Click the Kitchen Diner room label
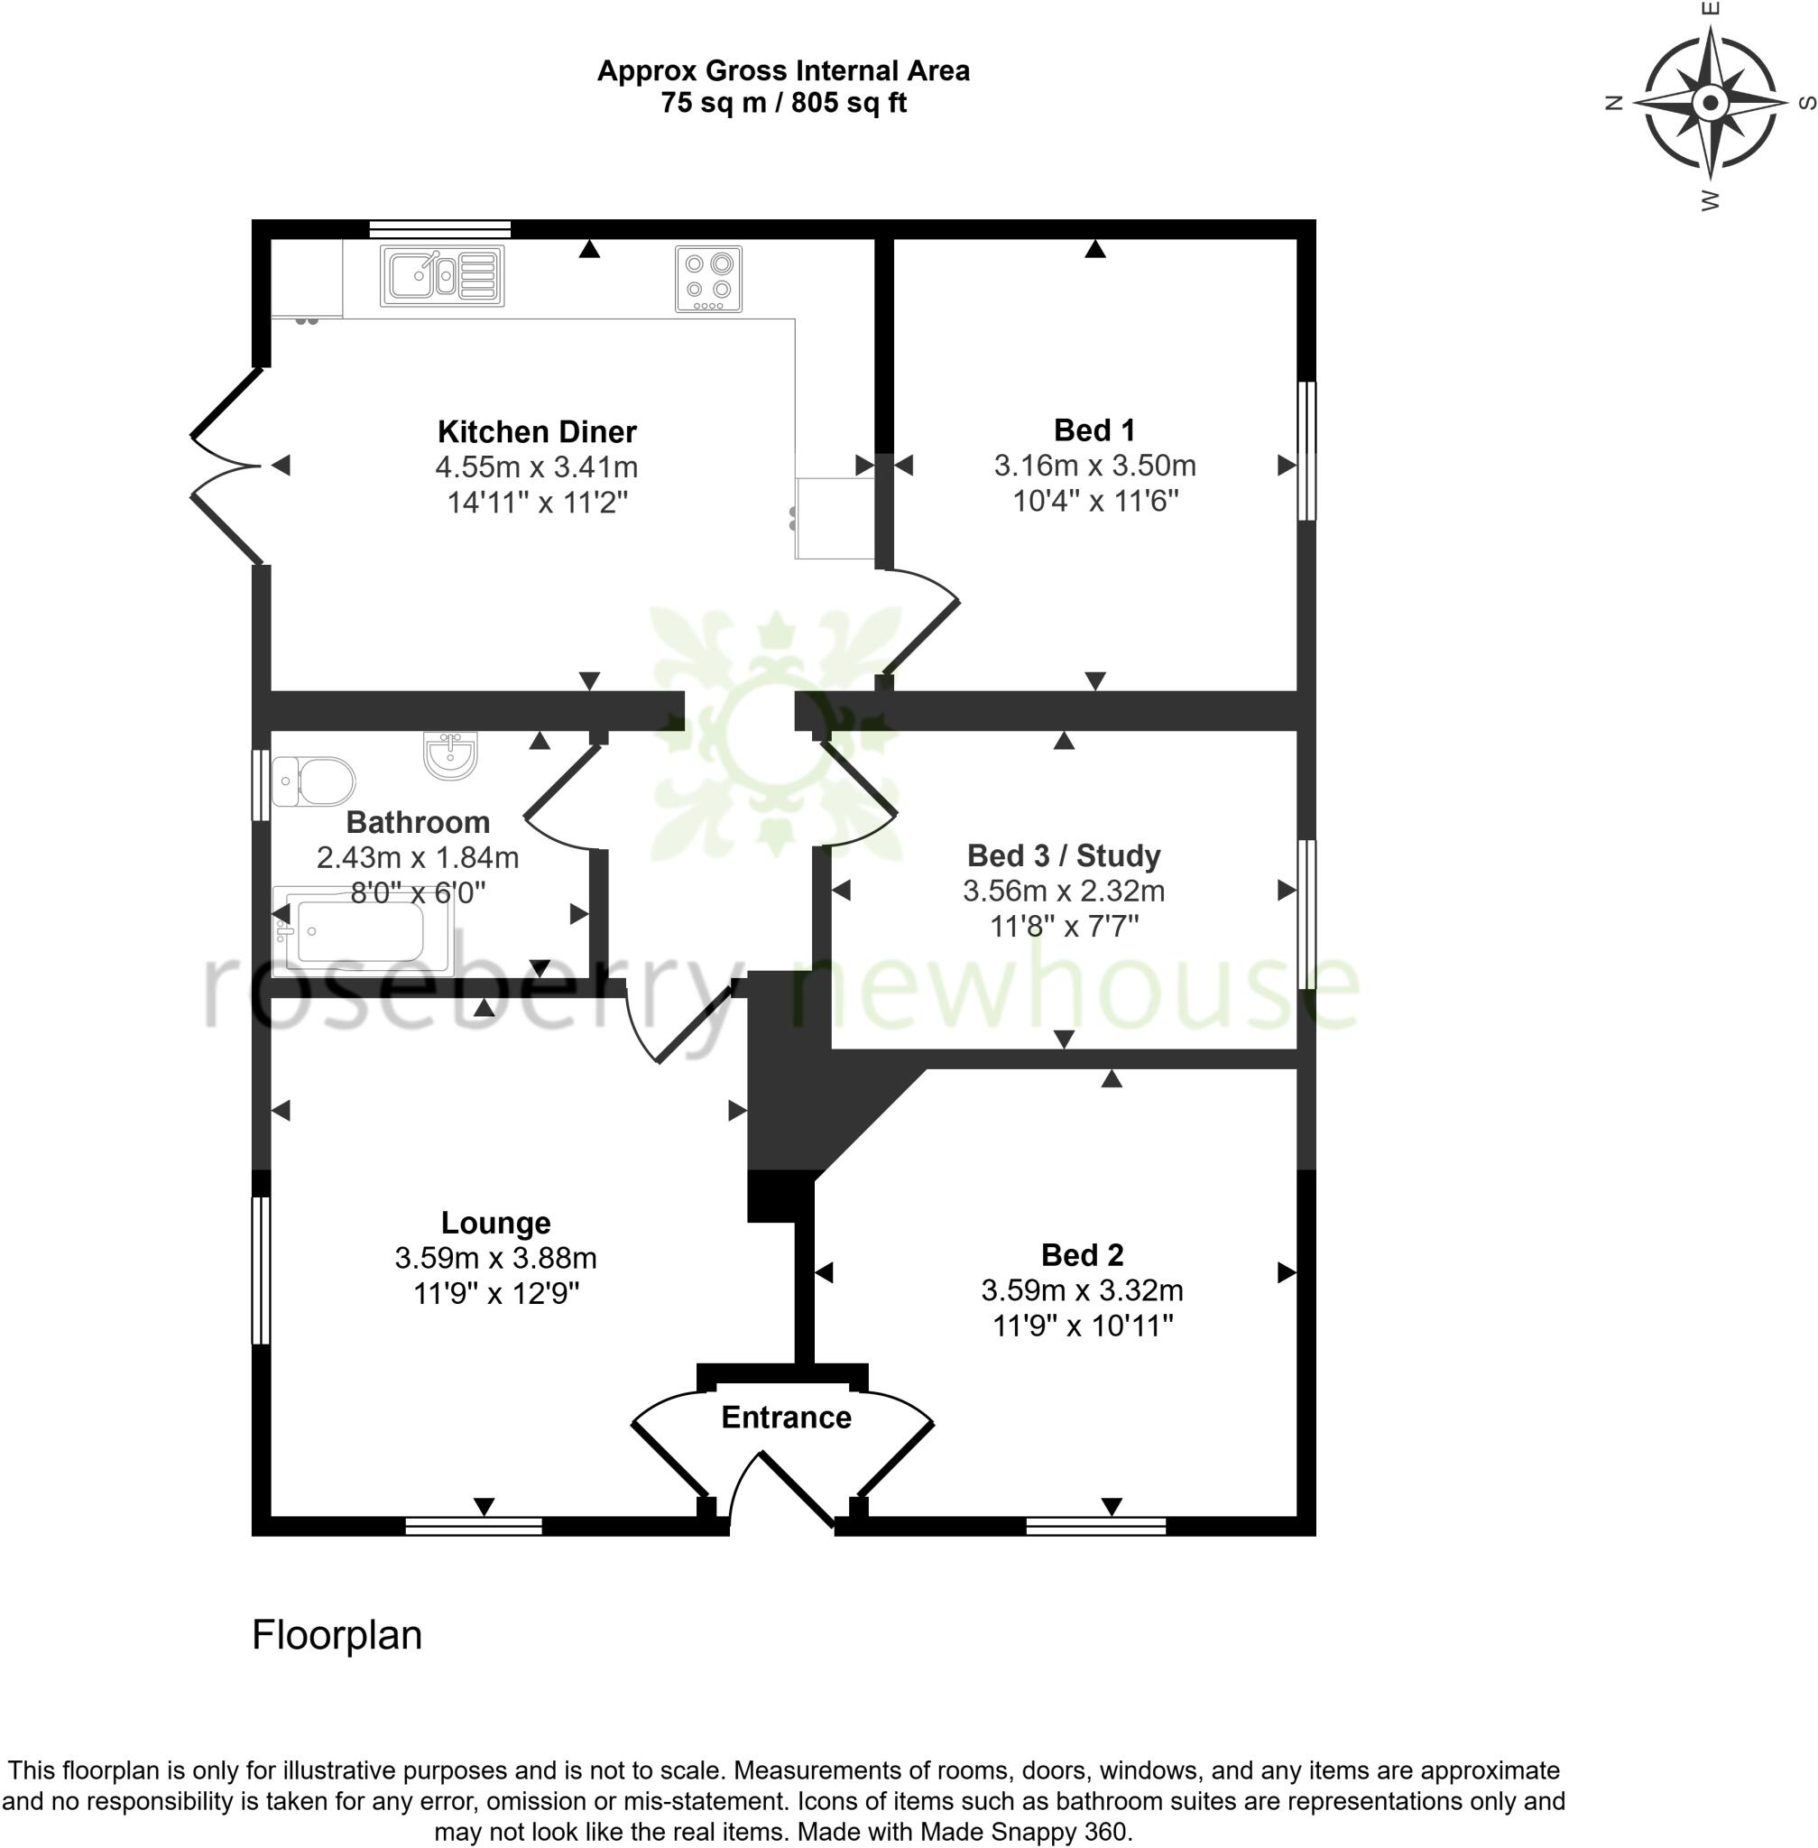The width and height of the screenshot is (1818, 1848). (537, 431)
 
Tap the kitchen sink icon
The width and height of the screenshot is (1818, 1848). (441, 276)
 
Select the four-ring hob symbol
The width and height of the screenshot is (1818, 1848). (708, 278)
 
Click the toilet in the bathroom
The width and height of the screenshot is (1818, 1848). (313, 781)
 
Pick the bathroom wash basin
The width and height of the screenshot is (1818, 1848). (449, 754)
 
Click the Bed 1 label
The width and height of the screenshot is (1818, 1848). (1094, 430)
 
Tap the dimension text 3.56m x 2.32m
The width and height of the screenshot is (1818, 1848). (1064, 891)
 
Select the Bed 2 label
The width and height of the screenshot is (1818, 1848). (1082, 1255)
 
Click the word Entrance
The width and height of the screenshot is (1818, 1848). (786, 1418)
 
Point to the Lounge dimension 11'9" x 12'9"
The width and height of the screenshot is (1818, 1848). (495, 1293)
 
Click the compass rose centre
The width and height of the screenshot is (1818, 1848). (1710, 102)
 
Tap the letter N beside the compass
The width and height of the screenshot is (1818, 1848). (1615, 103)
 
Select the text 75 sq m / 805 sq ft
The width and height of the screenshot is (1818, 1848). (783, 103)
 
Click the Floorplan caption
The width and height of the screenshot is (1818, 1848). (337, 1635)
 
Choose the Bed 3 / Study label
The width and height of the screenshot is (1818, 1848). (1064, 855)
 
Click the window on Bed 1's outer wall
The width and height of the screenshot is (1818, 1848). (1307, 451)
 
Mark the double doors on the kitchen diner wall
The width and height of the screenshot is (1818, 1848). (227, 466)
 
